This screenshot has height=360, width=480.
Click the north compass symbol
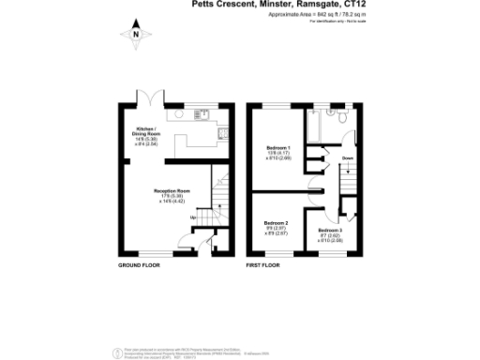click(x=137, y=36)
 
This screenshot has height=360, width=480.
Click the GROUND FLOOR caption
click(x=138, y=266)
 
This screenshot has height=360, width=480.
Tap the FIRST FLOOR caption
click(x=264, y=266)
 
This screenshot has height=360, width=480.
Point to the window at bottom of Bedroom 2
click(x=272, y=254)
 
